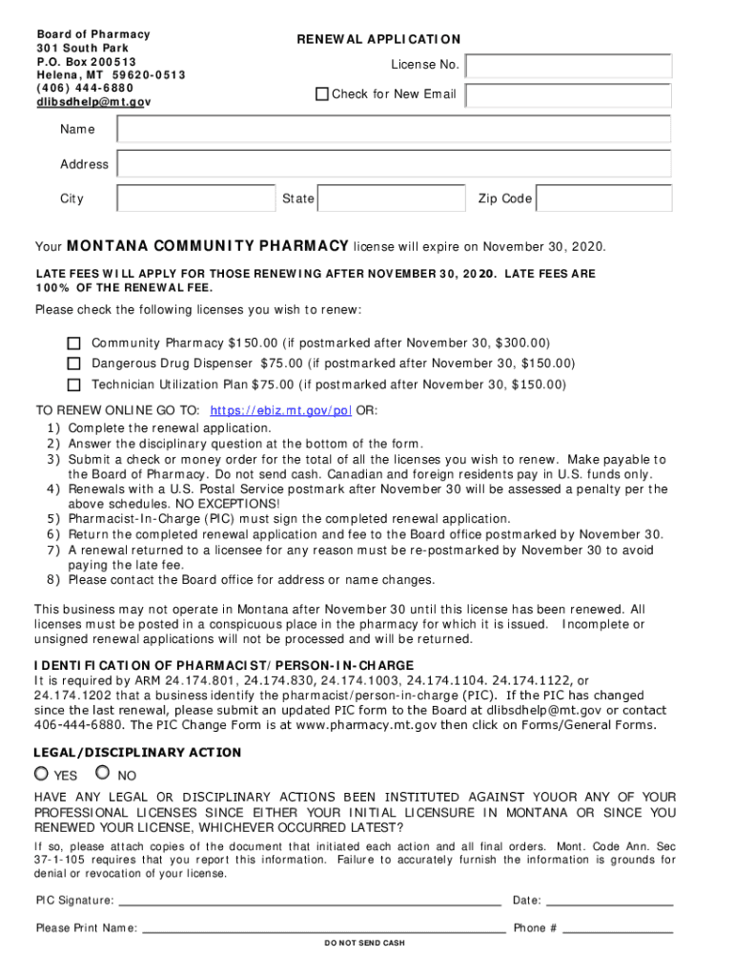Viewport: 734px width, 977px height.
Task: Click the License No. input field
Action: coord(569,66)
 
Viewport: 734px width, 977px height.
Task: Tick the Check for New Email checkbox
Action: coord(322,94)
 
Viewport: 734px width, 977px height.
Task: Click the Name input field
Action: coord(394,130)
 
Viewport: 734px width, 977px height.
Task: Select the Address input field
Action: coord(394,164)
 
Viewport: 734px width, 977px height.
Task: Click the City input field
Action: coord(194,198)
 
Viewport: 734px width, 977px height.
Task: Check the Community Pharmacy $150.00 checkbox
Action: coord(73,343)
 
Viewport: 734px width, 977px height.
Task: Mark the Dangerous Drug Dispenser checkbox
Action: coord(73,364)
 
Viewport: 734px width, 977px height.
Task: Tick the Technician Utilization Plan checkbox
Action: coord(73,385)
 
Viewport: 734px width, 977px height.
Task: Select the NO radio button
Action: coord(103,774)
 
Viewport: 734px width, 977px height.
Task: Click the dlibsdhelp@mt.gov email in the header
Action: coord(93,101)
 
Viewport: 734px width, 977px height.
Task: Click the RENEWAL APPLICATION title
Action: coord(378,39)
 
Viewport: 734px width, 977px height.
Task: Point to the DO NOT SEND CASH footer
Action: coord(365,944)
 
